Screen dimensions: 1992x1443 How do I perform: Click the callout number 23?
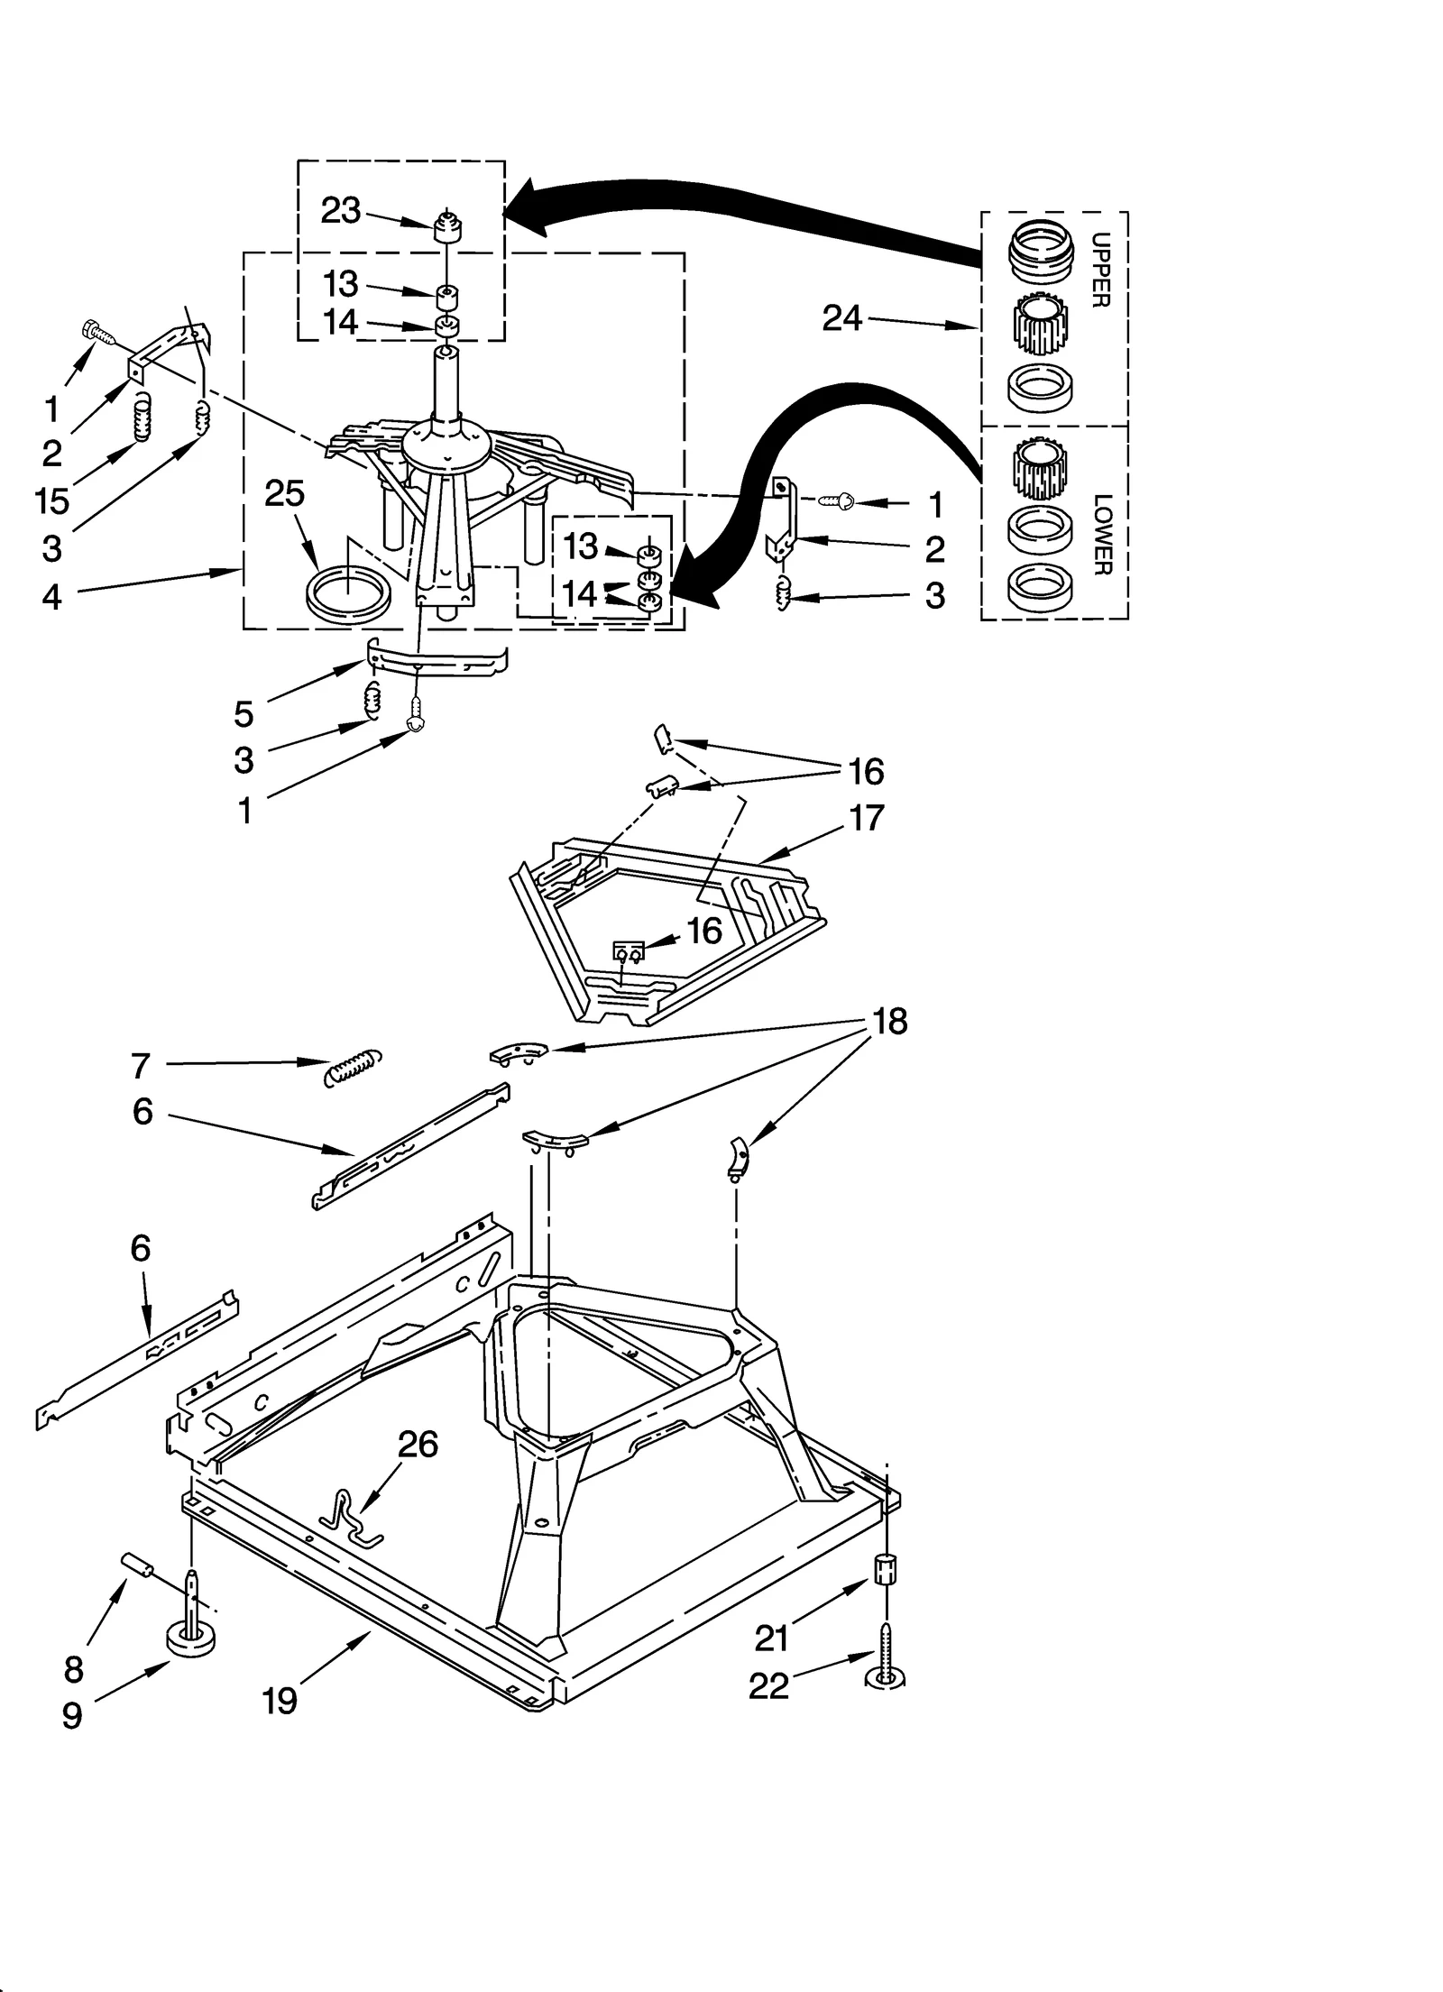click(341, 211)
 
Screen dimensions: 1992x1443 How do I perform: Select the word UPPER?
click(1099, 271)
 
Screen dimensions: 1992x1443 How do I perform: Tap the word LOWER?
click(1101, 534)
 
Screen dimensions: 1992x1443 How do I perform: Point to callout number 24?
click(842, 318)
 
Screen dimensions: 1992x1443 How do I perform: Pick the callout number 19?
click(280, 1701)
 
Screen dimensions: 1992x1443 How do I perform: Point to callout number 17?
click(867, 819)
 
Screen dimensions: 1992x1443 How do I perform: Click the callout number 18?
click(889, 1022)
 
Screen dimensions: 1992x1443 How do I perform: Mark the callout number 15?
click(52, 500)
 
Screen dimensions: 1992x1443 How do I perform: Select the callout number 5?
click(244, 714)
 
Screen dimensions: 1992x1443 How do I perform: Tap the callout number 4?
click(51, 596)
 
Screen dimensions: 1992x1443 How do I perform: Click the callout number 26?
click(418, 1444)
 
